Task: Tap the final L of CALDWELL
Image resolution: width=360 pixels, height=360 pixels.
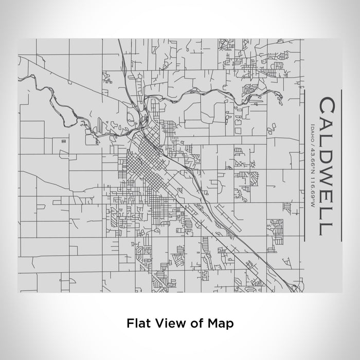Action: [328, 228]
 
